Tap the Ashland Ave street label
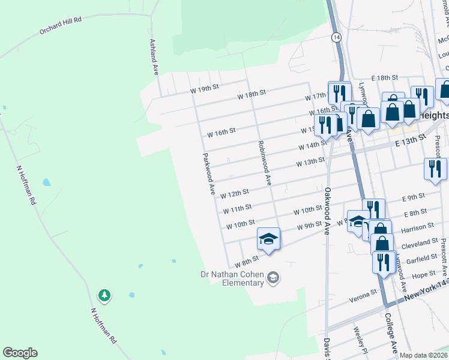pyautogui.click(x=153, y=58)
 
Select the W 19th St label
pyautogui.click(x=203, y=89)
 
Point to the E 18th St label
pyautogui.click(x=385, y=78)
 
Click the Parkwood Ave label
pyautogui.click(x=208, y=174)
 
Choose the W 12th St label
pyautogui.click(x=235, y=194)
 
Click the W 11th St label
pyautogui.click(x=237, y=209)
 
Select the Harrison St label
pyautogui.click(x=418, y=227)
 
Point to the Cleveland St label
pyautogui.click(x=420, y=242)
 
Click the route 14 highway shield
pyautogui.click(x=336, y=37)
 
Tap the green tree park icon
pyautogui.click(x=104, y=295)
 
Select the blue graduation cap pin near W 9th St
pyautogui.click(x=268, y=239)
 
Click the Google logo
pyautogui.click(x=20, y=353)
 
